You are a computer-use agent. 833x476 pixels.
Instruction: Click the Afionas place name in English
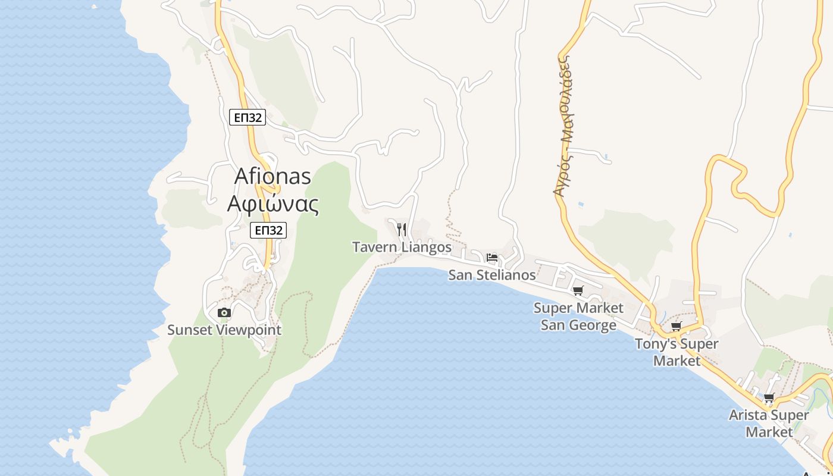(273, 176)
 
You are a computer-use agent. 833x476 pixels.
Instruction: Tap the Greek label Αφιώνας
(273, 203)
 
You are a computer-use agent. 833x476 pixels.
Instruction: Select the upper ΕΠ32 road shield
(247, 117)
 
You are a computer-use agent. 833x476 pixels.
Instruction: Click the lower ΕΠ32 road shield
(268, 230)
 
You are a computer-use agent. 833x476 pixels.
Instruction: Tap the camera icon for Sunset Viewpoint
(224, 312)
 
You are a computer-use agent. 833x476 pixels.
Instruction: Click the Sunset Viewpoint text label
(224, 330)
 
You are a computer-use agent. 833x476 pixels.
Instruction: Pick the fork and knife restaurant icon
(402, 229)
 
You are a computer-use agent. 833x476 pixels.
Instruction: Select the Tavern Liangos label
(402, 246)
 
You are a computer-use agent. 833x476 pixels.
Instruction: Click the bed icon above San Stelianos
(492, 258)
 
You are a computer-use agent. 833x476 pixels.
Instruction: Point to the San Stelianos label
(492, 275)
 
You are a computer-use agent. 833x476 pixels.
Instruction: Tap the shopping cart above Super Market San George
(578, 290)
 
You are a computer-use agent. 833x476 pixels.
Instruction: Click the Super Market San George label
(578, 317)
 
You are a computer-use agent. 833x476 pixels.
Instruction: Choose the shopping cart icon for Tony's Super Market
(676, 326)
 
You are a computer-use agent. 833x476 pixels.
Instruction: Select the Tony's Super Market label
(677, 352)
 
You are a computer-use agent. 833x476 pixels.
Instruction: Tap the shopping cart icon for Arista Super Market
(769, 398)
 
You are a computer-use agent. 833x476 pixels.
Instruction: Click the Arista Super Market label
(769, 423)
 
